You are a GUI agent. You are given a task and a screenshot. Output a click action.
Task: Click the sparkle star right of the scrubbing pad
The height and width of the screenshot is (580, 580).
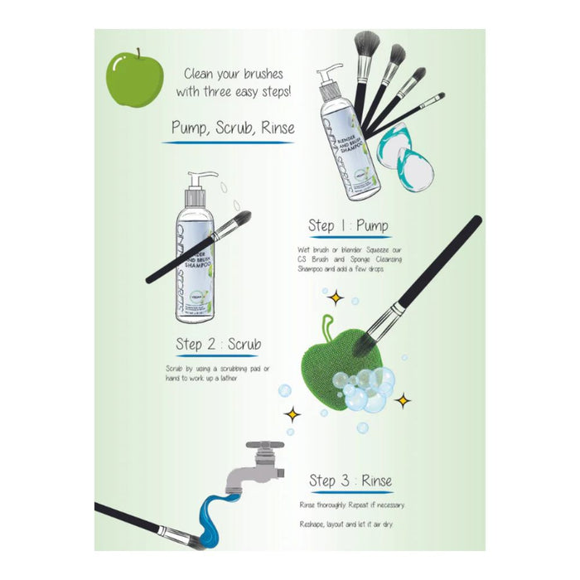[x=403, y=401]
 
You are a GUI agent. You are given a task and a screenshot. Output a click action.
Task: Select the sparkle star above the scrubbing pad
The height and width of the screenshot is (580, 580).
[x=336, y=297]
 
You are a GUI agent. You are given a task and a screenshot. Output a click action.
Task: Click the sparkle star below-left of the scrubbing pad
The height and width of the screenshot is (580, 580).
[x=292, y=412]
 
